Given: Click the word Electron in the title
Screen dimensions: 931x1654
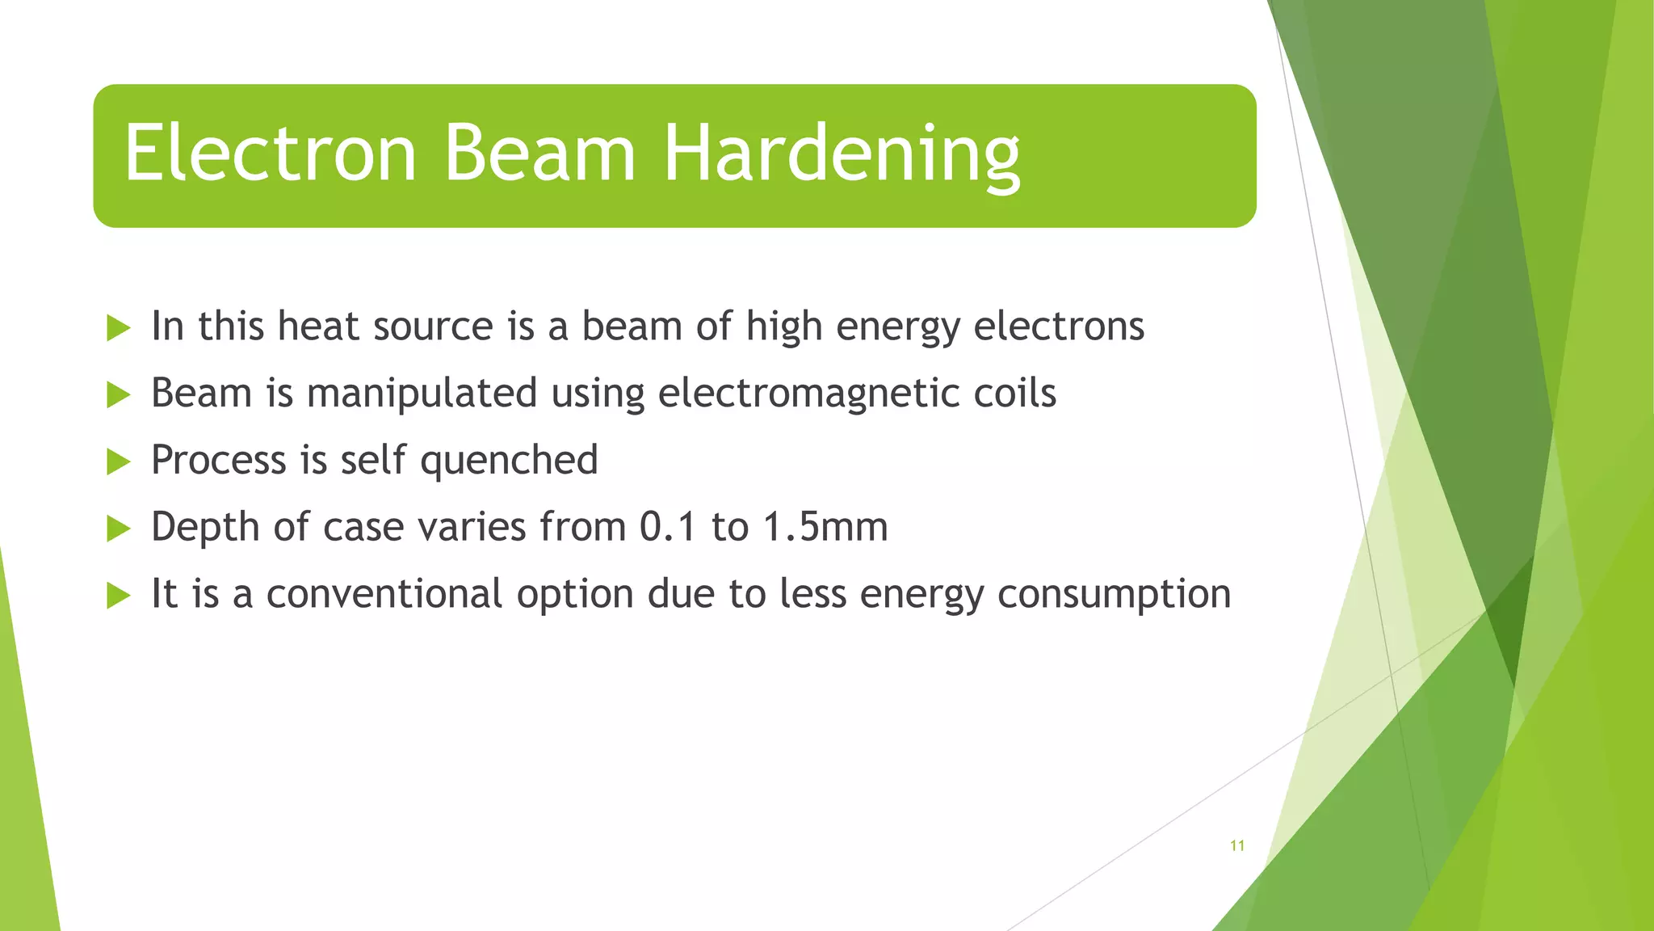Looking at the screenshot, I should [270, 154].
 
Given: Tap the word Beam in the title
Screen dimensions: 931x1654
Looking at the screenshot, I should [539, 154].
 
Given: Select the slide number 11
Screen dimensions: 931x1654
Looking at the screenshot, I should [1236, 846].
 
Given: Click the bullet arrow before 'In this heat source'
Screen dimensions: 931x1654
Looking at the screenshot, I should [119, 328].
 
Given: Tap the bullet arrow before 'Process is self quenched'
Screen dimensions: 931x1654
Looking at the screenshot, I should [119, 462].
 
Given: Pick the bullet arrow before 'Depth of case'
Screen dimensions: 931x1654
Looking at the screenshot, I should [119, 529].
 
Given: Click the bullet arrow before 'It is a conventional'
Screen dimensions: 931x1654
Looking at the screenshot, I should [119, 596].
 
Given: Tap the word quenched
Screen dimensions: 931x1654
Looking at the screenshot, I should [509, 461].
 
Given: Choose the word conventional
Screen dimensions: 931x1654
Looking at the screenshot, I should [385, 595].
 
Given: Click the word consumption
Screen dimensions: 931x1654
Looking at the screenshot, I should [1114, 595].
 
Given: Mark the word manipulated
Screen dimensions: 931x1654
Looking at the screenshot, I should [422, 394].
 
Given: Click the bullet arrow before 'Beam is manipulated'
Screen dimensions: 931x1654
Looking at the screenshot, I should [119, 395].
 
